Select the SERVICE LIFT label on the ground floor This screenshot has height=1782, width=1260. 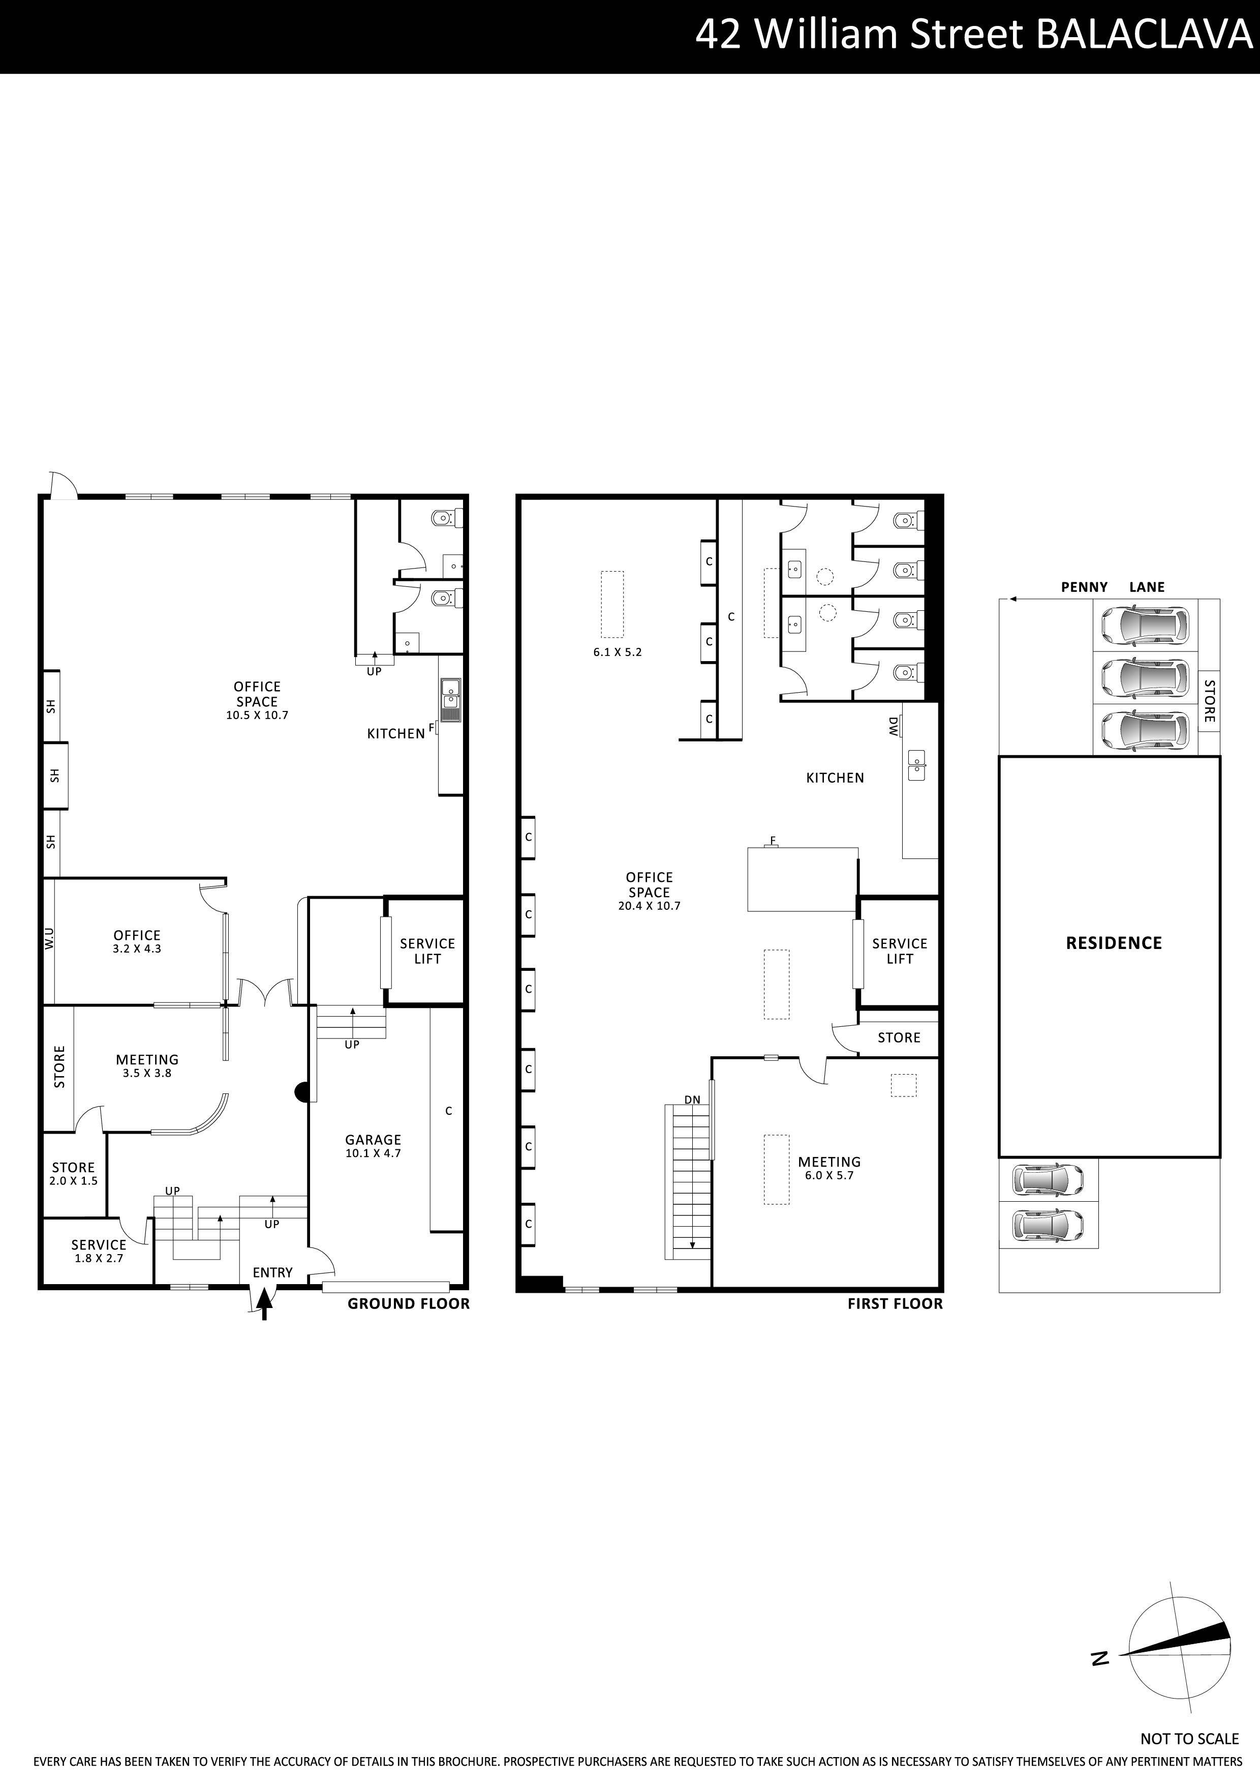tap(427, 951)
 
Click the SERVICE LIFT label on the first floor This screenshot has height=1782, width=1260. tap(899, 951)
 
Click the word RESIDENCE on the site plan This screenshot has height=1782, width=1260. tap(1113, 943)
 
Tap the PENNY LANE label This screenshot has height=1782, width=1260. tap(1112, 587)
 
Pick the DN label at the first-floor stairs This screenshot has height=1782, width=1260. tap(692, 1100)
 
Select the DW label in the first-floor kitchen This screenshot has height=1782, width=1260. tap(893, 726)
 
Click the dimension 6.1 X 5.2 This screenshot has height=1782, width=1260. tap(617, 652)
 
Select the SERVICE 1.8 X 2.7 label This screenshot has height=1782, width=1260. tap(99, 1251)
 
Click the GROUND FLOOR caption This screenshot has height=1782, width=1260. tap(408, 1304)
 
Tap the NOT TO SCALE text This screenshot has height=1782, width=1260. tap(1189, 1739)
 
